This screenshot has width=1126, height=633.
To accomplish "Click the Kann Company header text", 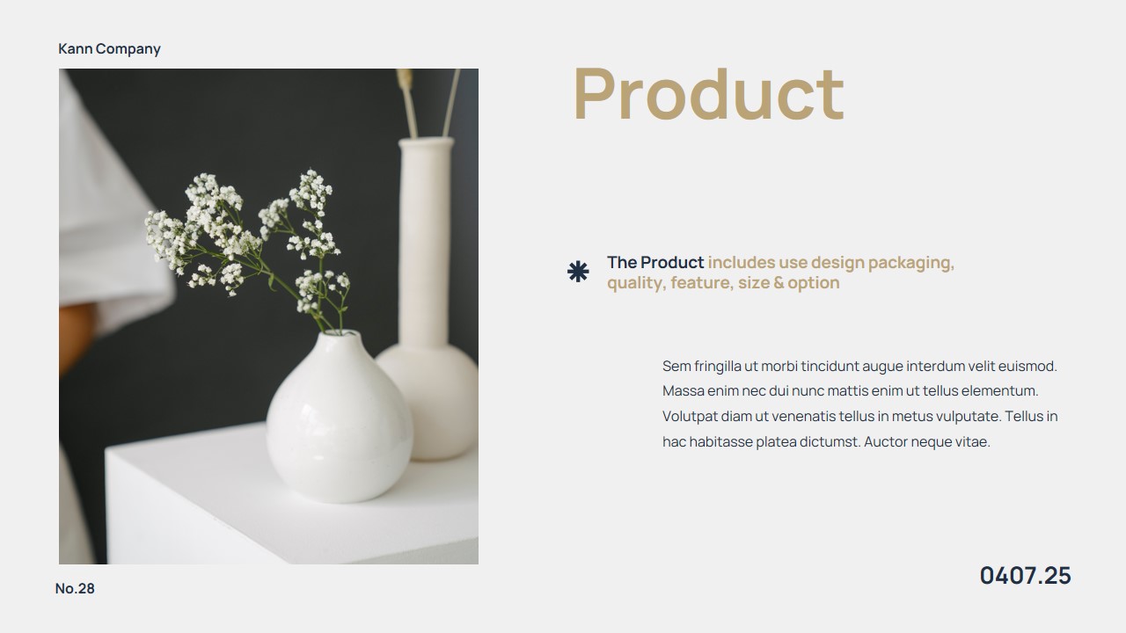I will click(109, 49).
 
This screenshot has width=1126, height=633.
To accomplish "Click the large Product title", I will click(708, 94).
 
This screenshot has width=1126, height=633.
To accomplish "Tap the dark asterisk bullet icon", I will click(578, 273).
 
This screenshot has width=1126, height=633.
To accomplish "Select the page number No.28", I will click(75, 589).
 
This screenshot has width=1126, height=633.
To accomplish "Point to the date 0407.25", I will click(1025, 576).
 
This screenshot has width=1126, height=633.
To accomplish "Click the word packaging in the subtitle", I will click(910, 263).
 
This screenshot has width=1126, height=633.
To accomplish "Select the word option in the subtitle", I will click(814, 283).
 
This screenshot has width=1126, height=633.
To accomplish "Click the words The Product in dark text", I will click(655, 263).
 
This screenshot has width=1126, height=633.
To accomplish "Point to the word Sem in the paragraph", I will click(676, 367).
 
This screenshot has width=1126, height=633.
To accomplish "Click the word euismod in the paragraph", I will click(1029, 367).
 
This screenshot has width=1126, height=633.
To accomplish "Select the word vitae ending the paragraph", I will click(972, 442).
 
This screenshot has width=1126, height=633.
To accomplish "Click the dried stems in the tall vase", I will click(431, 101).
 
